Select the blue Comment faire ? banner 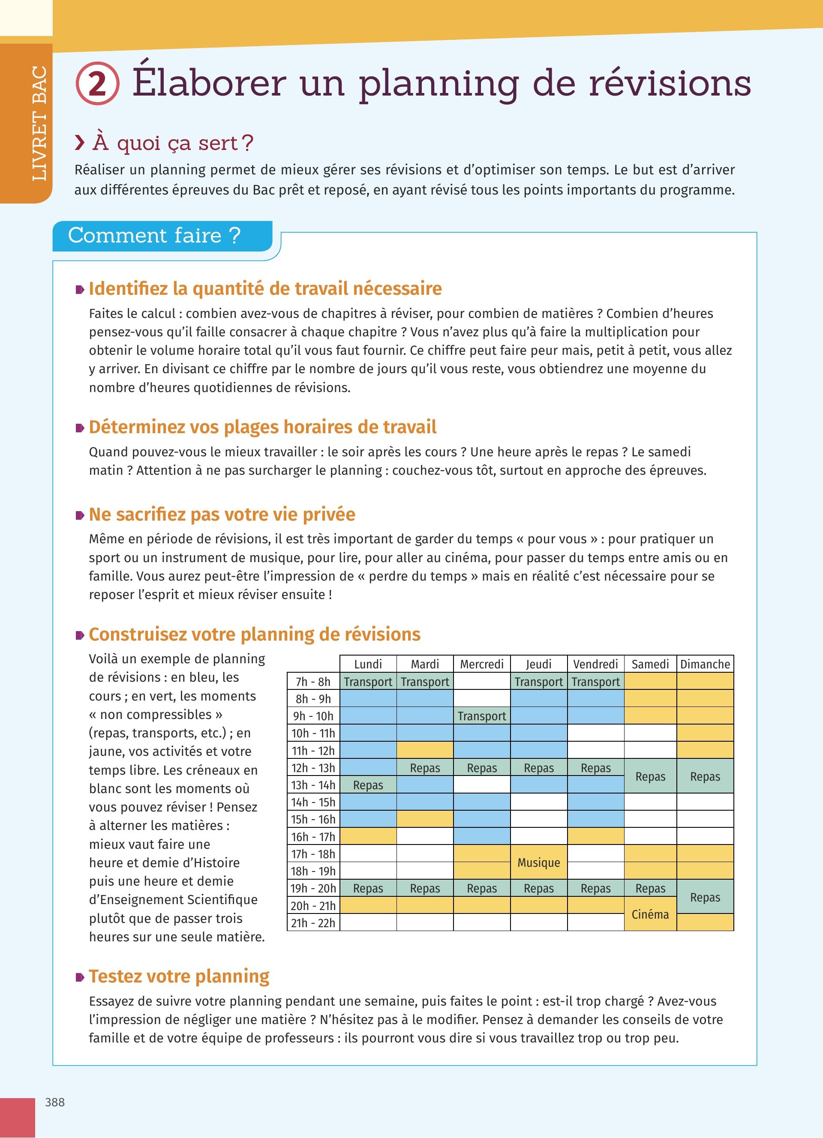[162, 235]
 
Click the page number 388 [55, 1102]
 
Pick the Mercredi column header [482, 664]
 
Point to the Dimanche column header [705, 664]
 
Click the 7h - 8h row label [313, 681]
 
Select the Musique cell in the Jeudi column [538, 862]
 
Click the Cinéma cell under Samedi [650, 914]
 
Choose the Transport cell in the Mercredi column [482, 716]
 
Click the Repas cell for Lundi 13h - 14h [368, 785]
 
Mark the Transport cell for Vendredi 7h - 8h [596, 681]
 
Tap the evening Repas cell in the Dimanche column [705, 897]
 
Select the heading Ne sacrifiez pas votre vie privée [222, 514]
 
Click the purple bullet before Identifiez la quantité [80, 290]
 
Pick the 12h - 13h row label [313, 768]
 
